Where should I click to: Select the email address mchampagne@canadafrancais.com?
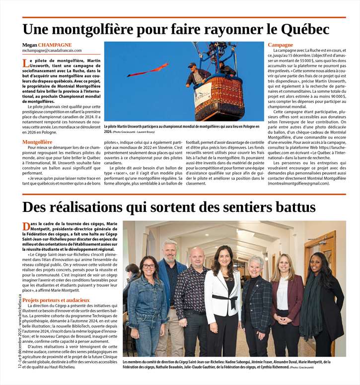point(55,51)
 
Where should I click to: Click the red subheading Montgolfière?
point(37,142)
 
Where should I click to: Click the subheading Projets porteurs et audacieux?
point(56,300)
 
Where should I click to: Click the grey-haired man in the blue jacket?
point(170,288)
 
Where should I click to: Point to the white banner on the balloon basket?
point(203,91)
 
